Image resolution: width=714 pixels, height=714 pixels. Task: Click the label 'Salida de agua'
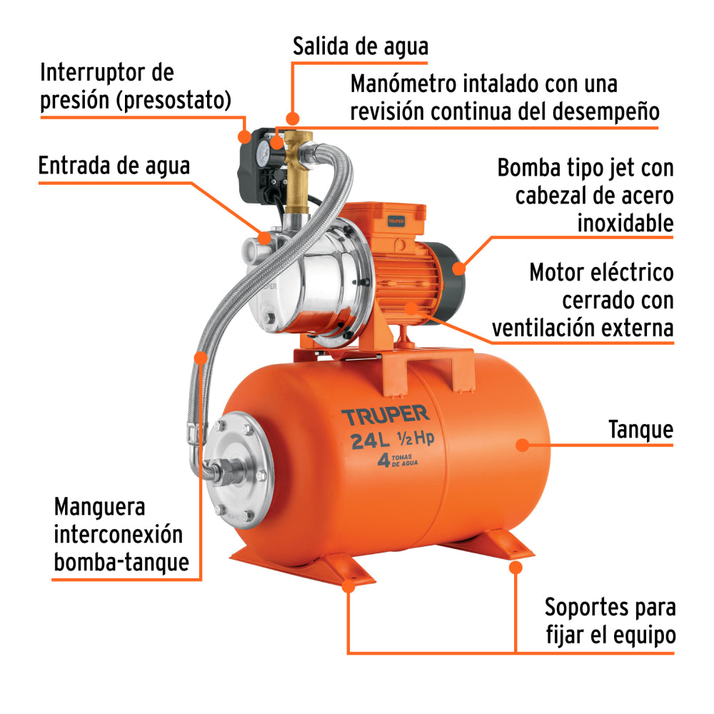pyautogui.click(x=360, y=47)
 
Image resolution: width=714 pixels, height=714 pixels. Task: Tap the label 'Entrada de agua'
pyautogui.click(x=114, y=166)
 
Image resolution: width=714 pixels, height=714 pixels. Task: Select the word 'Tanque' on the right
pyautogui.click(x=640, y=429)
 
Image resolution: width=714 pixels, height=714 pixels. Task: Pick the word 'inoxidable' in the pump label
pyautogui.click(x=625, y=223)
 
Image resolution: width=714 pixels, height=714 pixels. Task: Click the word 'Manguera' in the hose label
pyautogui.click(x=100, y=508)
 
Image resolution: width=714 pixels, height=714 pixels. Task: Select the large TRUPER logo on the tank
pyautogui.click(x=384, y=416)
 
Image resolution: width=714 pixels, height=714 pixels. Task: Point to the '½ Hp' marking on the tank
pyautogui.click(x=416, y=440)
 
